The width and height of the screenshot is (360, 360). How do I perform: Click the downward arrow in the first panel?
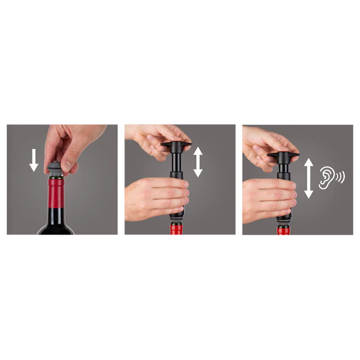(34, 160)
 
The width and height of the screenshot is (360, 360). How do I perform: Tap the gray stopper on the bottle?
(55, 169)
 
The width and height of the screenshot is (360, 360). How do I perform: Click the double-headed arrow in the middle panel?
(197, 161)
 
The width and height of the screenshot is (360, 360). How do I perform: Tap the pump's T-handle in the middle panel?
(175, 146)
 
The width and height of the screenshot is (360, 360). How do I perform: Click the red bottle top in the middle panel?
(176, 231)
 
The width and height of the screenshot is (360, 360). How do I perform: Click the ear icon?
(327, 177)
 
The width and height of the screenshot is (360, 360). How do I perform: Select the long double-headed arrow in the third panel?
(308, 178)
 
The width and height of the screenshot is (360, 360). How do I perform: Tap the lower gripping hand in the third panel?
(264, 200)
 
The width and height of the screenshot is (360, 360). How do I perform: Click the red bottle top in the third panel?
(283, 232)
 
